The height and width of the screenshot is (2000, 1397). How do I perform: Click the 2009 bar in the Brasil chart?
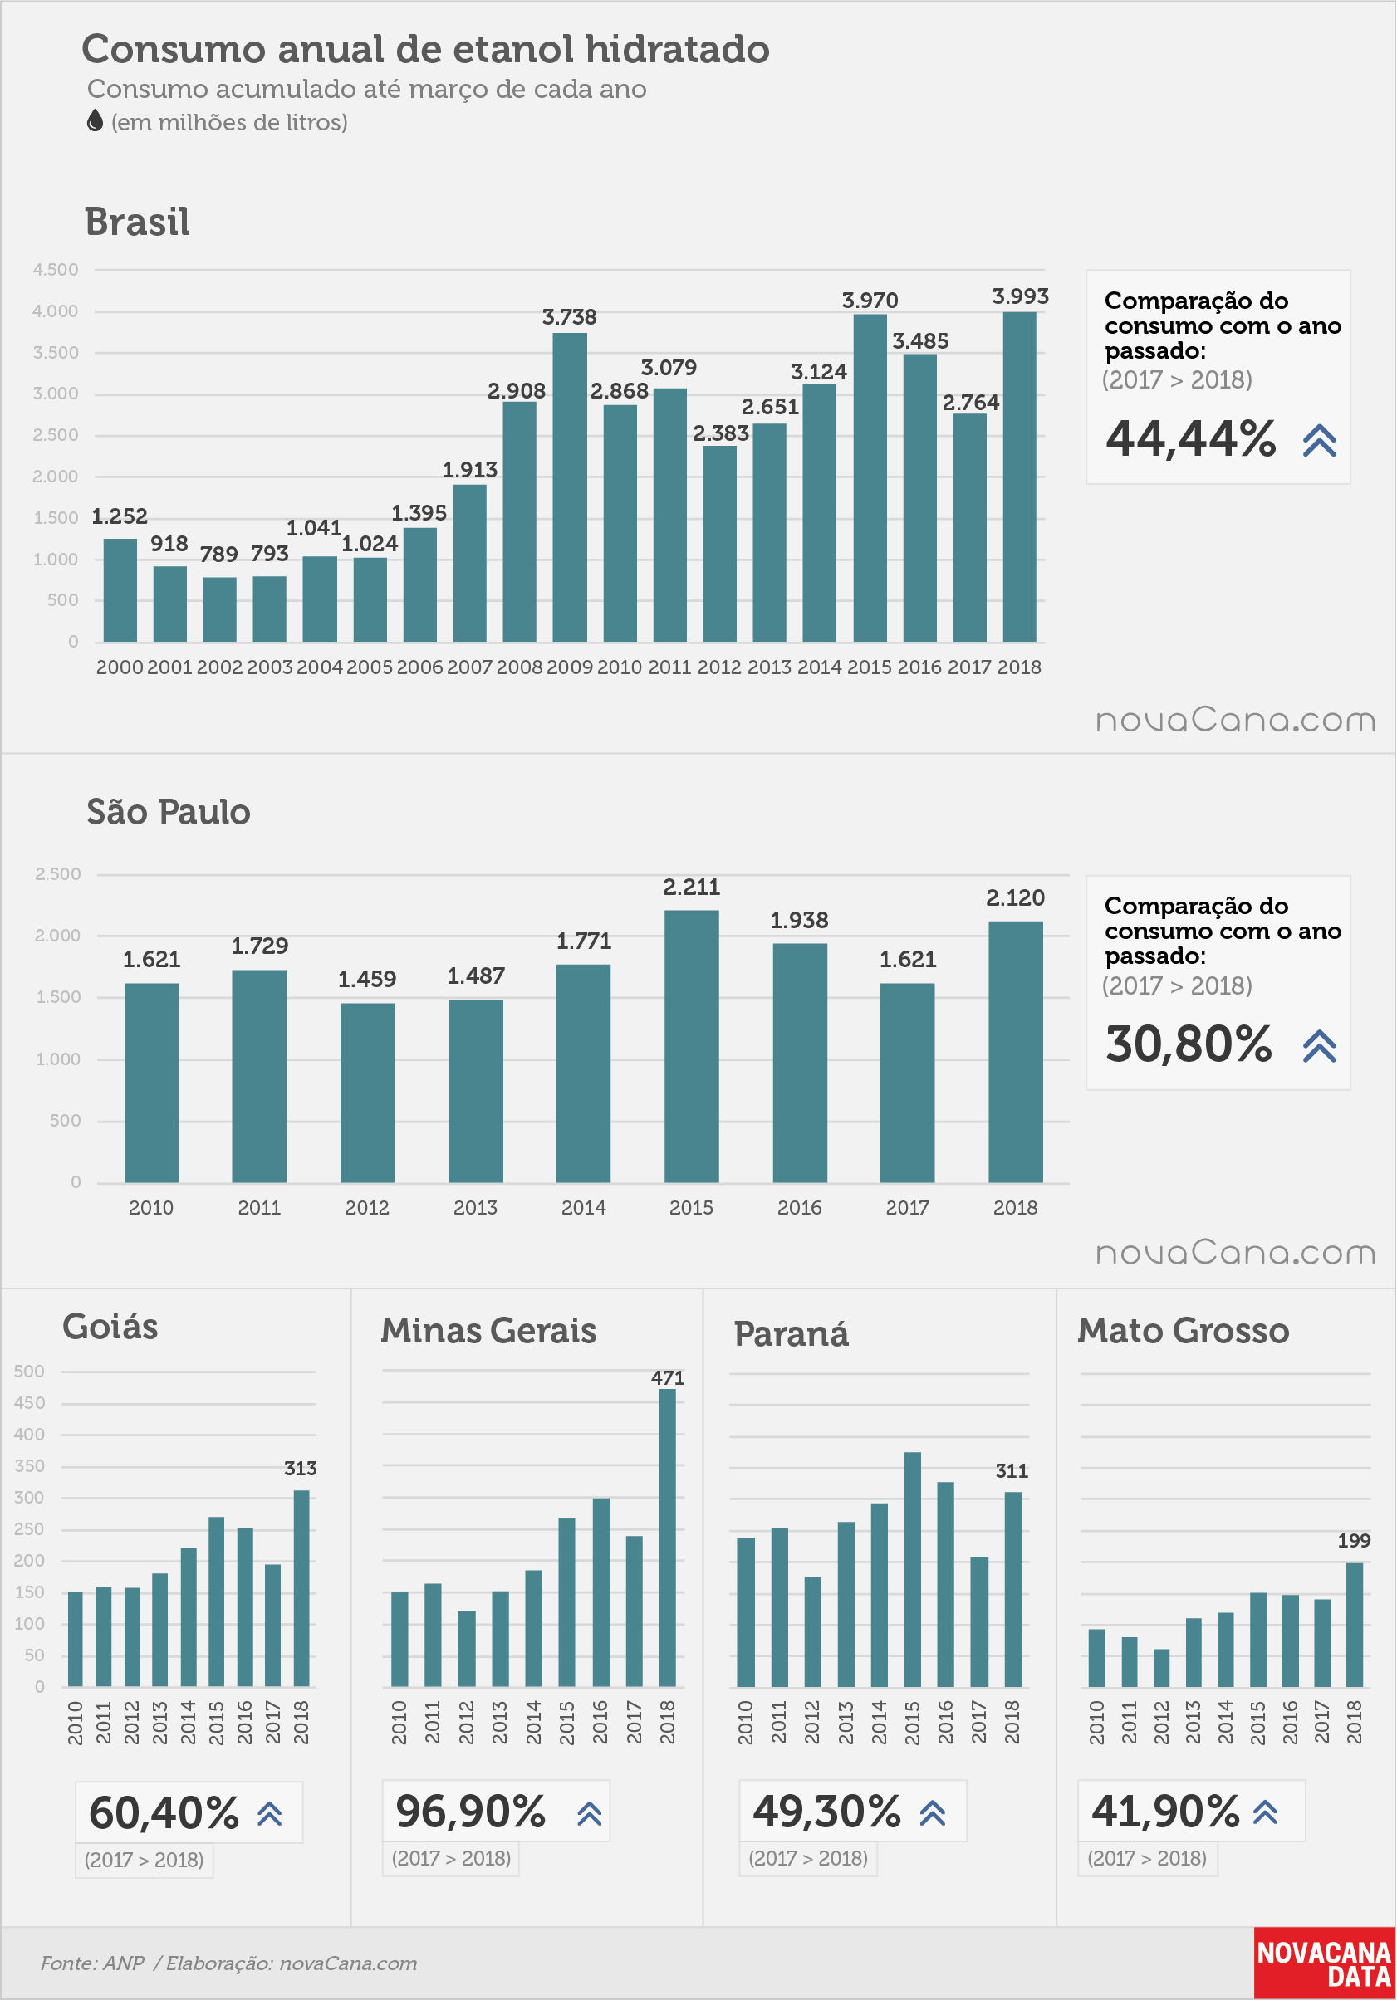click(570, 487)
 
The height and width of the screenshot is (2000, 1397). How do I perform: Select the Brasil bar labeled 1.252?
click(120, 589)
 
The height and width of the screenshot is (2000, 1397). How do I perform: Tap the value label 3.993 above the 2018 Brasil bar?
click(1021, 296)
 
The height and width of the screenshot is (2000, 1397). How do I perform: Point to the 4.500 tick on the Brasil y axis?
click(56, 270)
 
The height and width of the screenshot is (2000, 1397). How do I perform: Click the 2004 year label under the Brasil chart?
click(320, 667)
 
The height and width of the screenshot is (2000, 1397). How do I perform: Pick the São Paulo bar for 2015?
click(692, 1046)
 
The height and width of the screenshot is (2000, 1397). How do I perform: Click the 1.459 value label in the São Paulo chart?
click(367, 979)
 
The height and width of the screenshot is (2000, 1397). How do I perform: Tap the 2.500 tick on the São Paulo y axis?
click(58, 873)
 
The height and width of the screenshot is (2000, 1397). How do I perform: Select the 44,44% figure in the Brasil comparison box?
click(1191, 438)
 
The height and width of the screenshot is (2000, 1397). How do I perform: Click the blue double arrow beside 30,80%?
click(1320, 1046)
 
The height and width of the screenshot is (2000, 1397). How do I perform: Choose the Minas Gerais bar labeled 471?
click(668, 1538)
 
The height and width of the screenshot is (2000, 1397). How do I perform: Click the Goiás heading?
click(110, 1327)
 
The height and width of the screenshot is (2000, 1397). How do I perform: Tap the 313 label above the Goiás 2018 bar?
click(301, 1468)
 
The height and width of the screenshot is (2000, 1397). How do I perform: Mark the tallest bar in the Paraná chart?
click(913, 1569)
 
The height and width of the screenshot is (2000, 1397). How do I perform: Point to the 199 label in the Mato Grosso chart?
click(1355, 1540)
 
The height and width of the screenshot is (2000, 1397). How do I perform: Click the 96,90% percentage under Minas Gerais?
click(471, 1811)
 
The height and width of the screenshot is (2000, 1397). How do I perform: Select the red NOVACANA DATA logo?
click(1325, 1963)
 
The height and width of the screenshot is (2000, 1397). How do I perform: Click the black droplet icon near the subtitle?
click(95, 121)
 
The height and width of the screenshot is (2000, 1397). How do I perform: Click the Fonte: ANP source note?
click(92, 1963)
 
